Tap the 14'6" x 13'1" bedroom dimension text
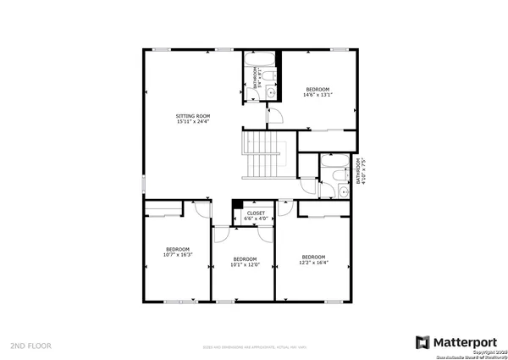[x=317, y=95]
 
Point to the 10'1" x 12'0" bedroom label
[x=245, y=262]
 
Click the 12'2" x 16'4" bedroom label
[x=313, y=259]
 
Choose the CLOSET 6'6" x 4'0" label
[x=256, y=216]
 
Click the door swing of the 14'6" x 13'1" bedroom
[x=274, y=117]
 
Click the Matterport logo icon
[x=422, y=341]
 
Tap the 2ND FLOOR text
[x=31, y=346]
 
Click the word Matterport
[x=465, y=341]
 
